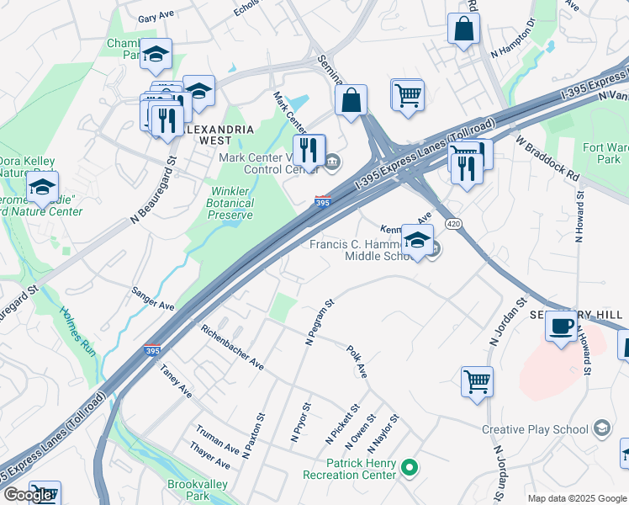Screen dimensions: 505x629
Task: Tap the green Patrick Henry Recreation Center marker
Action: click(x=410, y=465)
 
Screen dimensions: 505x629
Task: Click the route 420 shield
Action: click(x=453, y=224)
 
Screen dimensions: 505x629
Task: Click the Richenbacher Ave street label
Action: click(x=232, y=348)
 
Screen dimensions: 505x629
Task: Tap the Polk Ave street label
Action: click(x=357, y=360)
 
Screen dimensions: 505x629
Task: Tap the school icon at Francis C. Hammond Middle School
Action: click(x=417, y=241)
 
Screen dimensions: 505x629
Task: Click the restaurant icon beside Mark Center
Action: click(x=309, y=150)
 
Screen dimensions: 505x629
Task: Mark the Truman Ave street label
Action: click(x=218, y=440)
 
